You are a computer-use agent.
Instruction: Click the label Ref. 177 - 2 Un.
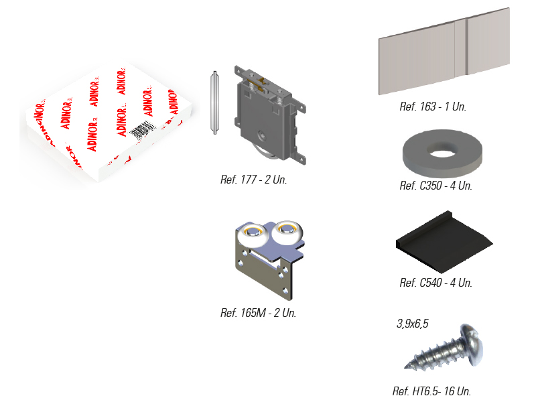coord(253,180)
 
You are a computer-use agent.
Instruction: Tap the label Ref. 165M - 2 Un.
coord(258,313)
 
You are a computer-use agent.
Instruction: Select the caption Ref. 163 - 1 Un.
coord(432,107)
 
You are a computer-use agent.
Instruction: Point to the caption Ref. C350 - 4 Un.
coord(435,186)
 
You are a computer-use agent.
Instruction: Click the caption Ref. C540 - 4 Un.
coord(435,283)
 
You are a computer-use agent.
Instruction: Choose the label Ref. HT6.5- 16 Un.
coord(431,391)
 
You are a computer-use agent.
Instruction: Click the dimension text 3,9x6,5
coord(412,324)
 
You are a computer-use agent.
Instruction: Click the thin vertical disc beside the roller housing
coord(214,103)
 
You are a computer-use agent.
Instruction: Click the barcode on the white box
coord(140,129)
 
